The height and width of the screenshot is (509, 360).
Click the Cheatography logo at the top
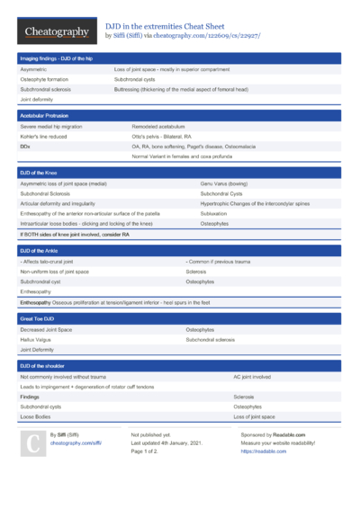click(56, 31)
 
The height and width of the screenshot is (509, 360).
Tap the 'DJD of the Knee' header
click(39, 172)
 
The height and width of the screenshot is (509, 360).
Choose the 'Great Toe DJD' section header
click(38, 318)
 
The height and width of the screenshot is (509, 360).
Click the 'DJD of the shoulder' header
click(42, 366)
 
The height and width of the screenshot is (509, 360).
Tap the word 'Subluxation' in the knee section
click(213, 213)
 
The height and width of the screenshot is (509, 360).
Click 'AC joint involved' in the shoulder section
click(251, 377)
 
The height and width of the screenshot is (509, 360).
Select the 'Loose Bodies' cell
click(35, 416)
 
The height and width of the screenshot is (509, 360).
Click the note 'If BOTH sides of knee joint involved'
click(67, 234)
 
